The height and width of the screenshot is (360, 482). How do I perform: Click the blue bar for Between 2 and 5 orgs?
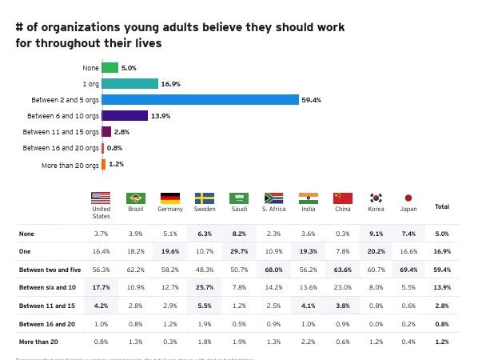click(x=200, y=100)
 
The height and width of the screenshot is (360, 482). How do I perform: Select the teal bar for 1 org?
click(x=129, y=84)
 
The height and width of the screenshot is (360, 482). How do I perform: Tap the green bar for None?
click(x=110, y=68)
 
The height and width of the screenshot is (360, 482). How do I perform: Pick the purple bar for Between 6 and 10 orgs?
click(x=125, y=116)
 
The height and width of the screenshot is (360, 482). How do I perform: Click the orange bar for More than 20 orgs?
click(x=104, y=165)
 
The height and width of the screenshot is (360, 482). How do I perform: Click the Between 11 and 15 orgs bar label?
click(x=61, y=132)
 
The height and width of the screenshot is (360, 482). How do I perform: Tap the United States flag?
click(x=101, y=198)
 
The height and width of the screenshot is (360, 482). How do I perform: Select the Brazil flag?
click(x=136, y=198)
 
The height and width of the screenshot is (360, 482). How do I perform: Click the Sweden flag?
click(x=205, y=198)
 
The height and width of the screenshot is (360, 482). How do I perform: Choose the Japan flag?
click(x=408, y=198)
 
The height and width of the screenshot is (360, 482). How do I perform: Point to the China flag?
click(x=343, y=198)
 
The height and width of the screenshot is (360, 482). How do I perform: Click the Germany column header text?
click(x=170, y=210)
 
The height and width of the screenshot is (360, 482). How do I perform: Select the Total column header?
click(x=441, y=207)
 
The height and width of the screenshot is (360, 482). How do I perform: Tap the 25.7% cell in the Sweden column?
click(x=205, y=286)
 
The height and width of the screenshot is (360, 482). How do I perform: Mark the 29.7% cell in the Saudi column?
click(x=239, y=250)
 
